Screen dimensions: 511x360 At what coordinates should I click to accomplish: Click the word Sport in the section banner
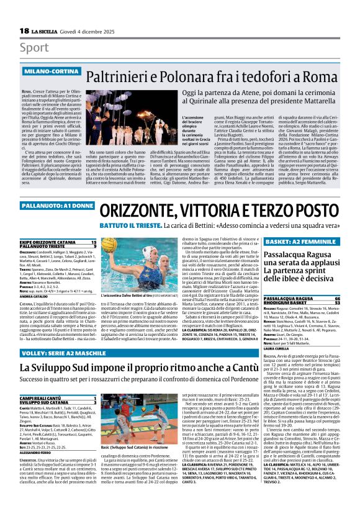coord(34,48)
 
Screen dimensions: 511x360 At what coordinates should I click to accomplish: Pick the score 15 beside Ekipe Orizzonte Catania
coord(94,241)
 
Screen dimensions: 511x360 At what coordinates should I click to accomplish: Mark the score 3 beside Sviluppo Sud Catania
coord(94,402)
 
